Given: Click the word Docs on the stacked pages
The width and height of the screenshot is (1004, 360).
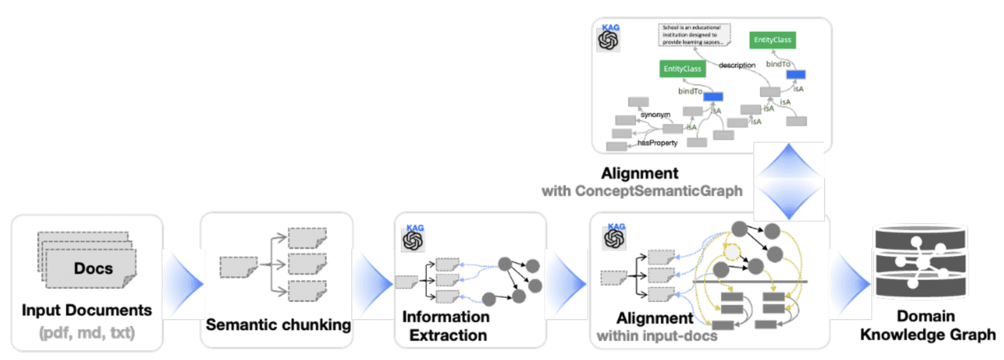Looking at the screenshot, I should [x=93, y=269].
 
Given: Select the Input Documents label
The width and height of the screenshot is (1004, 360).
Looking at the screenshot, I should [x=87, y=310].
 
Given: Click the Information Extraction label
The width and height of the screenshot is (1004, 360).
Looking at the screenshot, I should [x=446, y=326].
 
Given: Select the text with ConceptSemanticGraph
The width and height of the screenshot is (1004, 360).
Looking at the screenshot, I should [x=642, y=191].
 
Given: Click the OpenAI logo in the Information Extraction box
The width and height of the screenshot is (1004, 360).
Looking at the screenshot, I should [x=414, y=240].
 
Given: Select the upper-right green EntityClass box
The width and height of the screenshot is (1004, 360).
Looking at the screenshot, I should [x=773, y=40].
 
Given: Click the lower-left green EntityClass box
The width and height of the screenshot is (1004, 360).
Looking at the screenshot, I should [x=682, y=69].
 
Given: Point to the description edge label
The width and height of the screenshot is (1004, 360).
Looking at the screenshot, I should [x=737, y=65].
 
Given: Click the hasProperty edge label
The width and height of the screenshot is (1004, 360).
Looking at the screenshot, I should [x=657, y=142].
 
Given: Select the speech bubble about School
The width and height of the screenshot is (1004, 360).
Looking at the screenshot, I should [x=693, y=35].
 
